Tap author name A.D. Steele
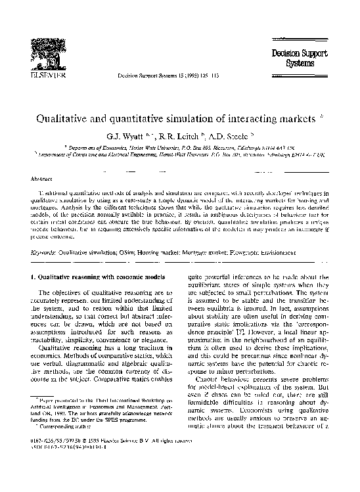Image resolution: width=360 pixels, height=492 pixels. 223,139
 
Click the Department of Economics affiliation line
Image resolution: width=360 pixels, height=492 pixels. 179,150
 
